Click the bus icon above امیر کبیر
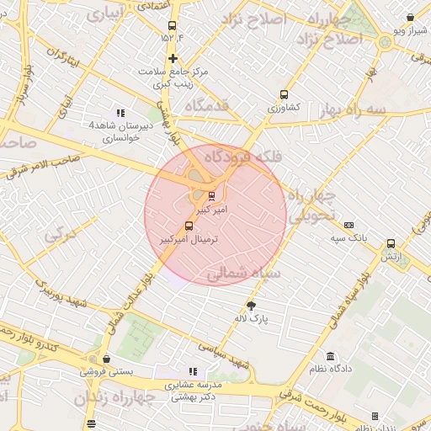(x=211, y=195)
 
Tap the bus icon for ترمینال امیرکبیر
(x=188, y=226)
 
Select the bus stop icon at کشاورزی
(x=284, y=95)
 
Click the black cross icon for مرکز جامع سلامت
(x=173, y=58)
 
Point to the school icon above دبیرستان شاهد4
(x=121, y=112)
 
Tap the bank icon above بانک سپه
(x=349, y=225)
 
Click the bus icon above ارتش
(x=391, y=243)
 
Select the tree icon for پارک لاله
(x=251, y=306)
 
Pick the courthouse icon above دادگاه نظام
(x=330, y=356)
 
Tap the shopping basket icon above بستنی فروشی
(x=106, y=358)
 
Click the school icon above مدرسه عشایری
(x=193, y=370)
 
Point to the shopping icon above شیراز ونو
(x=410, y=18)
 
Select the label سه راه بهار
(x=352, y=110)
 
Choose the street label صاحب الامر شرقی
(x=42, y=162)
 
